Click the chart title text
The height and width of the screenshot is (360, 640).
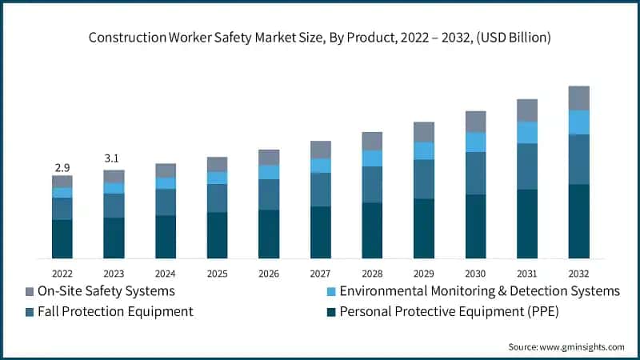(x=320, y=38)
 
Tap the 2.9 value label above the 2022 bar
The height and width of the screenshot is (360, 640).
(x=62, y=167)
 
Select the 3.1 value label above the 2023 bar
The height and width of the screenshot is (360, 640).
(x=114, y=159)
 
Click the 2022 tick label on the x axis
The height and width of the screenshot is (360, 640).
(x=62, y=273)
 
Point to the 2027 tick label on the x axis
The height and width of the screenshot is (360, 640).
(x=320, y=273)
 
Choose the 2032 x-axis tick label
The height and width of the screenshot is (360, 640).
(x=578, y=273)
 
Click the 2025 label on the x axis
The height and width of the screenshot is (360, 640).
(x=217, y=273)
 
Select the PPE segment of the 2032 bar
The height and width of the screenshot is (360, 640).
(x=578, y=221)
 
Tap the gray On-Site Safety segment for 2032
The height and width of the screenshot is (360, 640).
(x=578, y=98)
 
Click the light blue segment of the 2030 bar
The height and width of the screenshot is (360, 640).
(x=475, y=142)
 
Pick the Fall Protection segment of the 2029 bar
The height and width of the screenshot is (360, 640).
(x=423, y=178)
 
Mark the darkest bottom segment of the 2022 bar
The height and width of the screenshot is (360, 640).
(x=62, y=238)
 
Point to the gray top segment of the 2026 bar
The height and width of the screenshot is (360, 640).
(x=269, y=157)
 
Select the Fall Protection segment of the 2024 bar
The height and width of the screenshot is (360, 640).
(x=166, y=202)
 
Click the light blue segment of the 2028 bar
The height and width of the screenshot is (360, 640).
(x=372, y=158)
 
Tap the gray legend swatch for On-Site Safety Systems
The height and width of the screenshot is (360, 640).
(x=30, y=291)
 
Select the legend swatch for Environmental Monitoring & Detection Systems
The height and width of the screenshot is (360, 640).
(x=329, y=291)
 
